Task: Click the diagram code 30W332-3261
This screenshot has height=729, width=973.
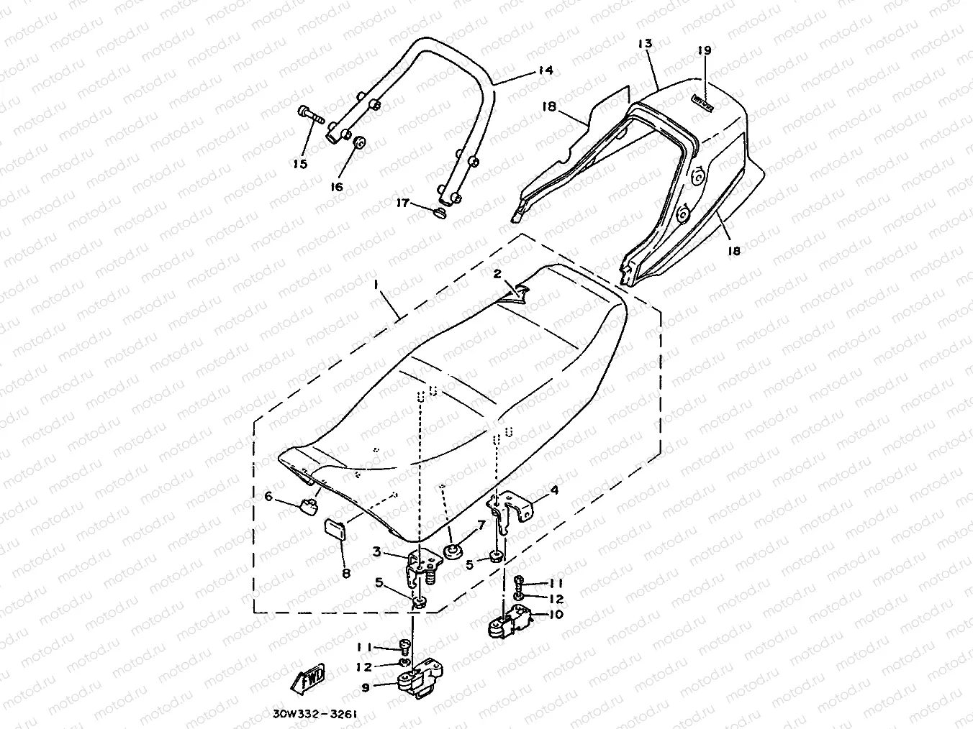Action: pyautogui.click(x=314, y=715)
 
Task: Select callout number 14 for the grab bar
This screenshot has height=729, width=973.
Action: pyautogui.click(x=545, y=70)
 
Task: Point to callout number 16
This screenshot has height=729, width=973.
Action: pyautogui.click(x=337, y=187)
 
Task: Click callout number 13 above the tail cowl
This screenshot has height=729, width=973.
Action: pyautogui.click(x=644, y=44)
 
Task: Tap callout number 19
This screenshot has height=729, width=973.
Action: pyautogui.click(x=704, y=50)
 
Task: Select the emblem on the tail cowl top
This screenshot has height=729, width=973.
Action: pyautogui.click(x=702, y=104)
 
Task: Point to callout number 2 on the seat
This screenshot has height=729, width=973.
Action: pyautogui.click(x=497, y=273)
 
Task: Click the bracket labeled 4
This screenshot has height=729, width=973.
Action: pyautogui.click(x=514, y=506)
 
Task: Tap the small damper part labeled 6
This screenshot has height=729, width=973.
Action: pyautogui.click(x=308, y=505)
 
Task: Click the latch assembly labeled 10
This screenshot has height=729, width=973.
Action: pyautogui.click(x=510, y=618)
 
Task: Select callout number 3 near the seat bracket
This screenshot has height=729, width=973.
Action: pyautogui.click(x=376, y=552)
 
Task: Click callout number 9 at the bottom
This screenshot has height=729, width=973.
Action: pyautogui.click(x=366, y=687)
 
